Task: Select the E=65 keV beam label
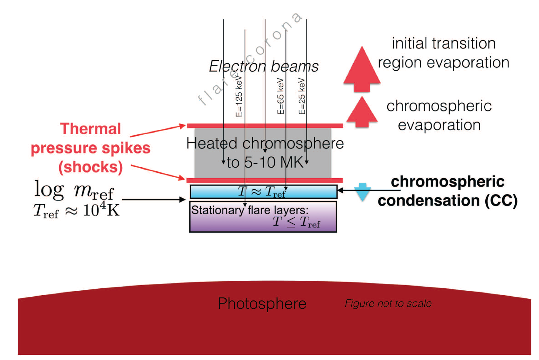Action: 281,96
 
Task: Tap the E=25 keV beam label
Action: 302,96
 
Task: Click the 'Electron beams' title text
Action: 264,66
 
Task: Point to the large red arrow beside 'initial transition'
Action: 362,69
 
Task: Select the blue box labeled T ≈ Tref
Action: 263,191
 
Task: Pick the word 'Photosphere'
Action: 262,304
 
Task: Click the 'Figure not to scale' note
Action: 388,304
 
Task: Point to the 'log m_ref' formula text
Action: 74,190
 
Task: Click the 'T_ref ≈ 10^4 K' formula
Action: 76,210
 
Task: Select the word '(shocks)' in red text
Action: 91,167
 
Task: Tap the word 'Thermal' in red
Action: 91,129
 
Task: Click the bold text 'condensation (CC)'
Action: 448,200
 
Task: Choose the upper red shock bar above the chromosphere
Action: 265,126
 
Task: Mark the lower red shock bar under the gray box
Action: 265,180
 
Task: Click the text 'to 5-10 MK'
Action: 265,162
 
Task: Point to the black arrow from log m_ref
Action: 154,199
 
